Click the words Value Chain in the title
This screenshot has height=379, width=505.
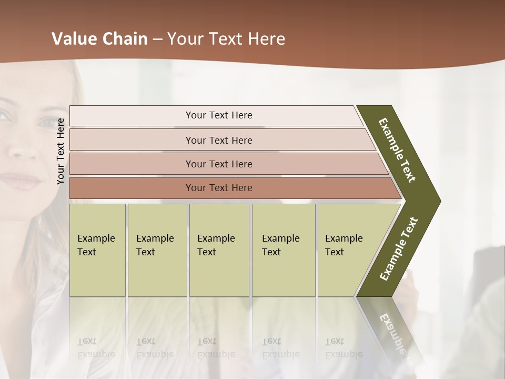(99, 39)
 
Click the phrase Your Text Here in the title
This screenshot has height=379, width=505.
(226, 39)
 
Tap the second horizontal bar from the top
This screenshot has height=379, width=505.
(219, 140)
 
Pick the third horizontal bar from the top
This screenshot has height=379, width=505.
(219, 164)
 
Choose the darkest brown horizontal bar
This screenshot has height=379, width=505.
(219, 188)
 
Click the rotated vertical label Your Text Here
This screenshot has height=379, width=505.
(61, 151)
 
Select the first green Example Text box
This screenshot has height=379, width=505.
(97, 250)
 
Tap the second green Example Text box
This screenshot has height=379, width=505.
(157, 250)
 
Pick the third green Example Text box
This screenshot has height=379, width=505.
(219, 250)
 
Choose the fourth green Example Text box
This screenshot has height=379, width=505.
(283, 250)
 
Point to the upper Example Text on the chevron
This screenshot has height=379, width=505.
(397, 150)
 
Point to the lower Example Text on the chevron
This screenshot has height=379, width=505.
(399, 249)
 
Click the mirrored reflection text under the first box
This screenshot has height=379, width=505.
(96, 347)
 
